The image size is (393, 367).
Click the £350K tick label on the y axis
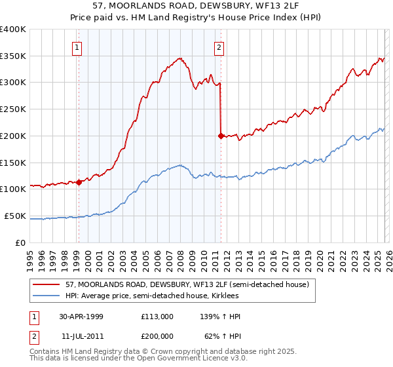[x=13, y=56]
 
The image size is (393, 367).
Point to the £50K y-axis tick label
[x=15, y=216]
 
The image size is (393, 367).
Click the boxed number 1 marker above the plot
[x=77, y=47]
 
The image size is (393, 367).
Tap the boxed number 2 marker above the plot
[x=219, y=47]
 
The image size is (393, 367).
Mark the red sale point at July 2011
[x=221, y=136]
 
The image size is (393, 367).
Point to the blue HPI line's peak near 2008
[x=179, y=164]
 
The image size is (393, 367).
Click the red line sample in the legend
[x=47, y=284]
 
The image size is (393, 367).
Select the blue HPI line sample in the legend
[x=47, y=296]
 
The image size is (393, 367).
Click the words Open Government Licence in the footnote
[x=198, y=360]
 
